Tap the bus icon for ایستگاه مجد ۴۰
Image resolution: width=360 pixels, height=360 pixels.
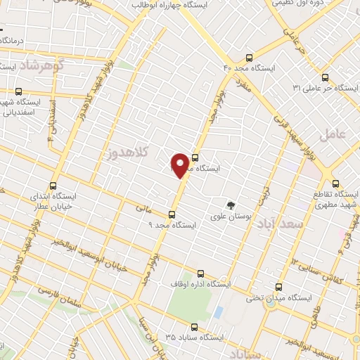coord(249,58)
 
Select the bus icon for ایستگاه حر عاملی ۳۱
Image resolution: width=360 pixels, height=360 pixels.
coord(325,77)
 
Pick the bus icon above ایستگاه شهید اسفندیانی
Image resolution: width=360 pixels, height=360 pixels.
coord(18,91)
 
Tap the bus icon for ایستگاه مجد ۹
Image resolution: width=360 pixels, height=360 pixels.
coord(172,214)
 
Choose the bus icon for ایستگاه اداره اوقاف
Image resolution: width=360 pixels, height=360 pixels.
coord(201,274)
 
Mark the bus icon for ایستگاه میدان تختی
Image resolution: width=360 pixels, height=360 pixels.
coord(279,287)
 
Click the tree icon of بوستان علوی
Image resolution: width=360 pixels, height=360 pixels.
coord(231,205)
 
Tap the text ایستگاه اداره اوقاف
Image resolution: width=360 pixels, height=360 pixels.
coord(201,285)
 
